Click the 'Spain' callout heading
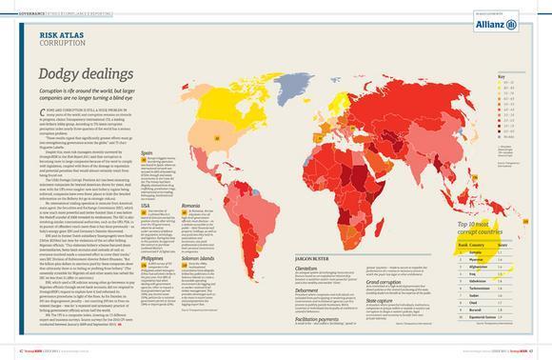click(x=147, y=150)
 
